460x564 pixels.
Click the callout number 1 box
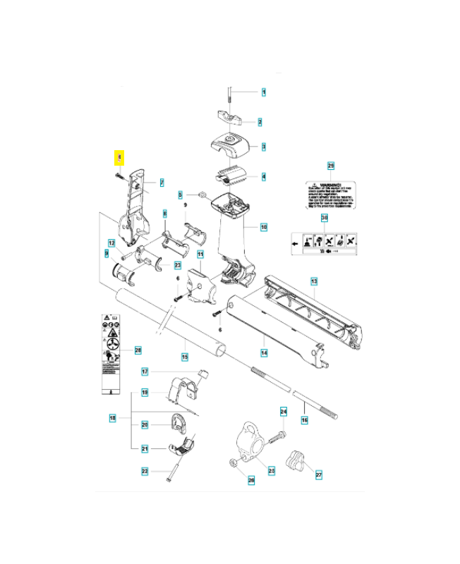tap(264, 92)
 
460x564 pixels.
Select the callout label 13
tap(315, 281)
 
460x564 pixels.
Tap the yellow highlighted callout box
tap(120, 157)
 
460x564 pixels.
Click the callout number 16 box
tap(305, 420)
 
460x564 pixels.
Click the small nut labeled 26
tap(234, 462)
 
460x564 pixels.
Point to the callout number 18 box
tap(112, 419)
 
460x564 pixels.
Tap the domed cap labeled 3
tap(231, 144)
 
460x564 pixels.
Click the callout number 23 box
tap(178, 265)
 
